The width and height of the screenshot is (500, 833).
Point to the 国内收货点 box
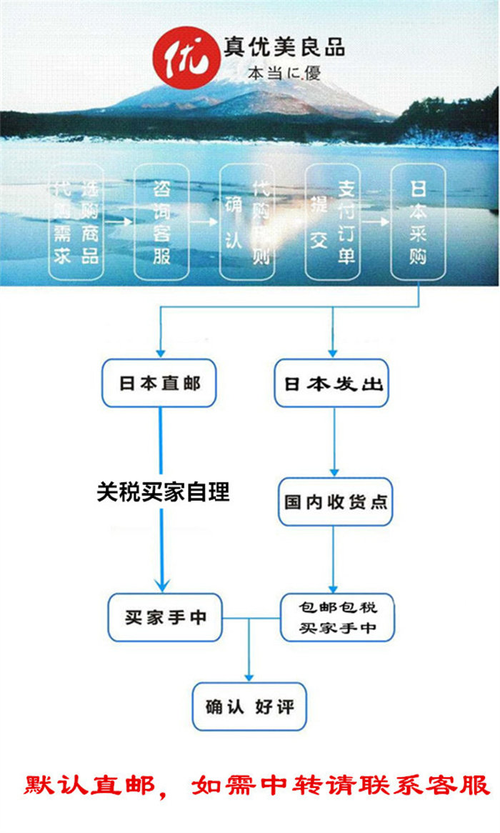pos(335,502)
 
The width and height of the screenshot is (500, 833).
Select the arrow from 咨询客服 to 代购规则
pos(204,222)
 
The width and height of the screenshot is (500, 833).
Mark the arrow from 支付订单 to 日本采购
pos(376,222)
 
